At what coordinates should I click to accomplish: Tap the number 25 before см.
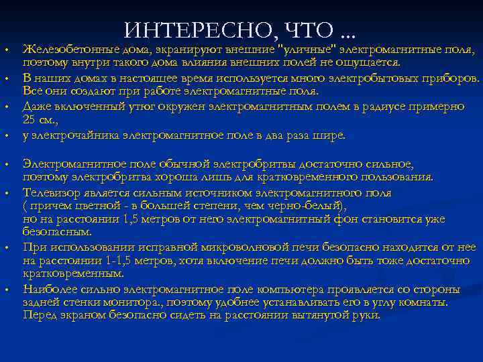30,120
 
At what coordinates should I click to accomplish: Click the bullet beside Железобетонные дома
6,50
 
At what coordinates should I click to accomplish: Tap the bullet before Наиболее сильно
6,290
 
